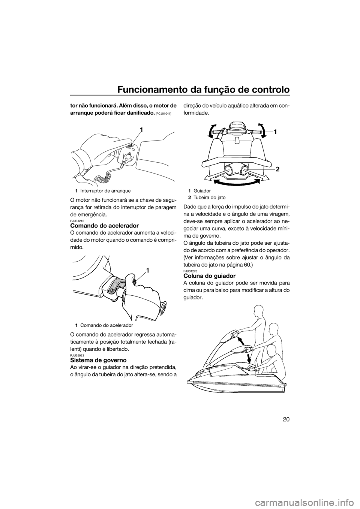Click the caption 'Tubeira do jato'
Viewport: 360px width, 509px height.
(207, 198)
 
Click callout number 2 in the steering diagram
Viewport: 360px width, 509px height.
(277, 169)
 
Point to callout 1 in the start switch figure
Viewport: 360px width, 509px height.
(141, 130)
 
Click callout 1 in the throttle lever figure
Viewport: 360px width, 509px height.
(148, 271)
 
